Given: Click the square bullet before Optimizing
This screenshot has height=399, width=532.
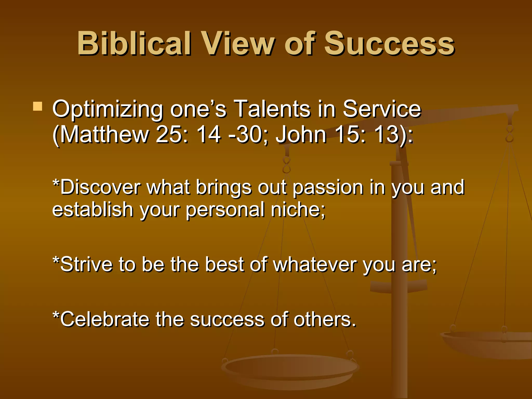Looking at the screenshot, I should coord(38,107).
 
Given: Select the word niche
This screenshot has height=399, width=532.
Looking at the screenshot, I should coord(297,209).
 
